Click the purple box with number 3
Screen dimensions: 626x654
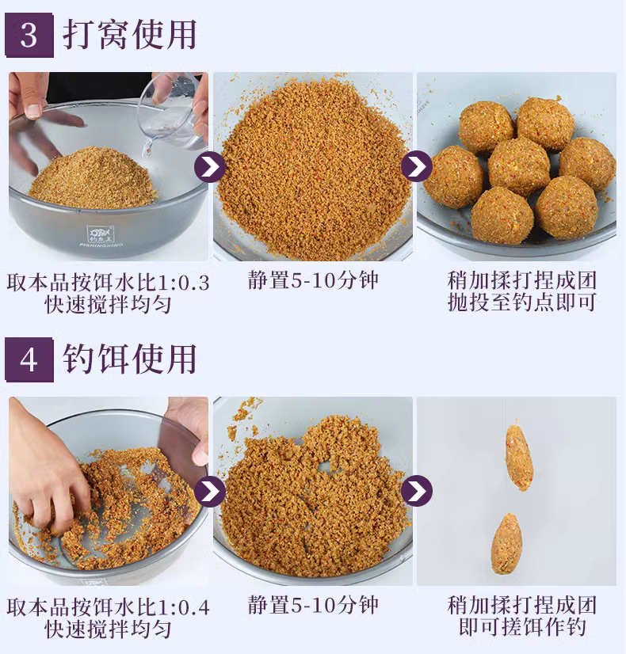click(x=29, y=36)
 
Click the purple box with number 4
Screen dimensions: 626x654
click(x=29, y=360)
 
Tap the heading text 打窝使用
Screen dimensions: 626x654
click(x=130, y=35)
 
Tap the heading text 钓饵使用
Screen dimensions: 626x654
click(x=130, y=359)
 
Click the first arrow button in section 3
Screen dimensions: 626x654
click(x=210, y=166)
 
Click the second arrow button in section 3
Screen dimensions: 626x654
click(x=417, y=166)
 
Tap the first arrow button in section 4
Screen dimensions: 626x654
click(x=210, y=491)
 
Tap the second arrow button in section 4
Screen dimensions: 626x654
click(x=417, y=491)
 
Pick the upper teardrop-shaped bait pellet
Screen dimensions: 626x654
click(x=519, y=458)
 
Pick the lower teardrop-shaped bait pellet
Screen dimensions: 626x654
click(x=507, y=544)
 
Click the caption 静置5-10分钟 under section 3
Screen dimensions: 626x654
click(x=313, y=280)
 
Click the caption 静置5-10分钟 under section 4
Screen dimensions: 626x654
click(x=313, y=605)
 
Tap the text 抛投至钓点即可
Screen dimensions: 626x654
click(x=521, y=302)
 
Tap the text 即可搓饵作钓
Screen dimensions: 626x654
click(x=522, y=627)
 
